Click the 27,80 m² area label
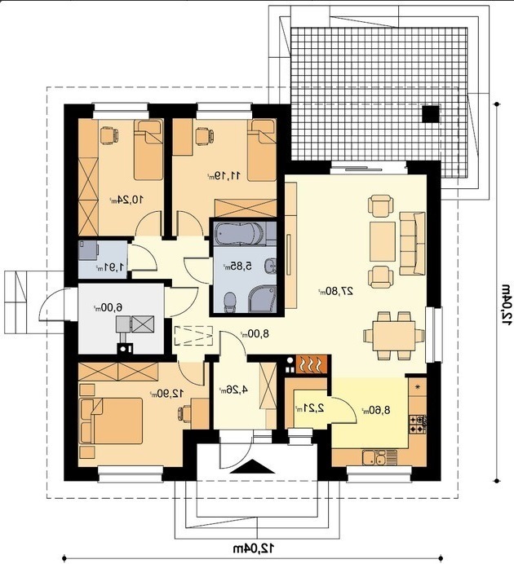pos(335,291)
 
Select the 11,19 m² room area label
pos(224,175)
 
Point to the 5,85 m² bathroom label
pos(237,267)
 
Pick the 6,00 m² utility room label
pos(108,307)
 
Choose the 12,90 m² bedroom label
pos(167,394)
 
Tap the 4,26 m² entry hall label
pos(233,390)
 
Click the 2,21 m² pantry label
pos(309,408)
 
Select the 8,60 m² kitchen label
pos(376,410)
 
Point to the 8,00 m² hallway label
pos(255,334)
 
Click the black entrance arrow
pos(253,466)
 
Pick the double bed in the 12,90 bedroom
pos(111,420)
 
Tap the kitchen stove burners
pos(418,425)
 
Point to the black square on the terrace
pos(431,114)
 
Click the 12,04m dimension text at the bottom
pos(253,549)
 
